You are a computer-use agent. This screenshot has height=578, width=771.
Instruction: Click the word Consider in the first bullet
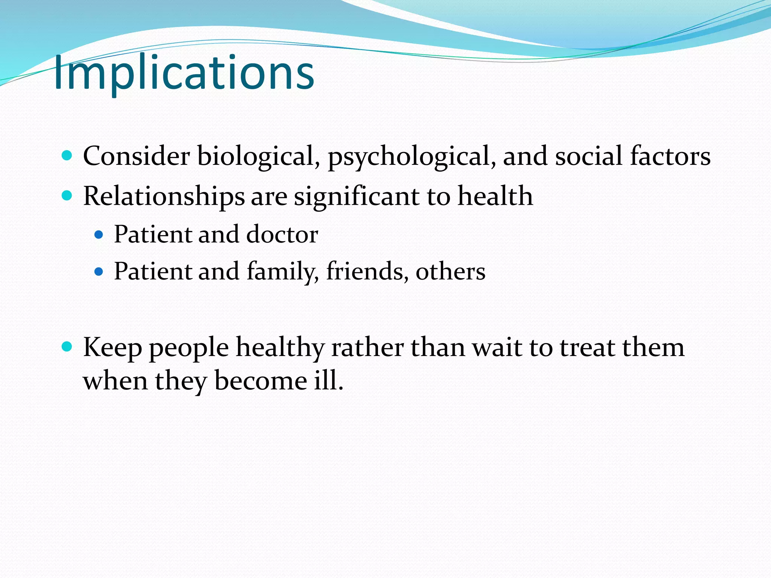136,156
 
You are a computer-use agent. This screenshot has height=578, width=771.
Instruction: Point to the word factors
670,156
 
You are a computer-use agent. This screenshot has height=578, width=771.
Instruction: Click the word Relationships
164,196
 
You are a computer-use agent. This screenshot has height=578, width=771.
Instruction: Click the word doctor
282,234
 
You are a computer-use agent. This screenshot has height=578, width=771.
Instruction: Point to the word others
450,271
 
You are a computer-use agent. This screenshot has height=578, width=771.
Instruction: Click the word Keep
113,347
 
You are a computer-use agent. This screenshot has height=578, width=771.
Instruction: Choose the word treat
587,347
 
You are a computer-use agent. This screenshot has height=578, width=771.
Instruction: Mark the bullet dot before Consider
67,155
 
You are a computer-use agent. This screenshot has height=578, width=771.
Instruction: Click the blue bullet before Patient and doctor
99,235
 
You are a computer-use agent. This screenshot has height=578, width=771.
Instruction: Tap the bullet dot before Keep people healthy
67,346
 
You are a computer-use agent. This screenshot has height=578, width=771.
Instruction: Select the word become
261,380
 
